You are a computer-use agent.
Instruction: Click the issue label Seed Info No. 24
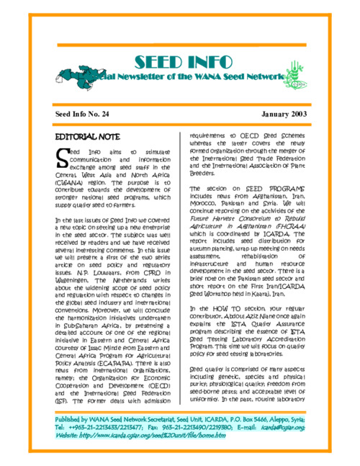click(82, 115)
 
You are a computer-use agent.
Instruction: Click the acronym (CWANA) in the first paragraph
click(70, 183)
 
